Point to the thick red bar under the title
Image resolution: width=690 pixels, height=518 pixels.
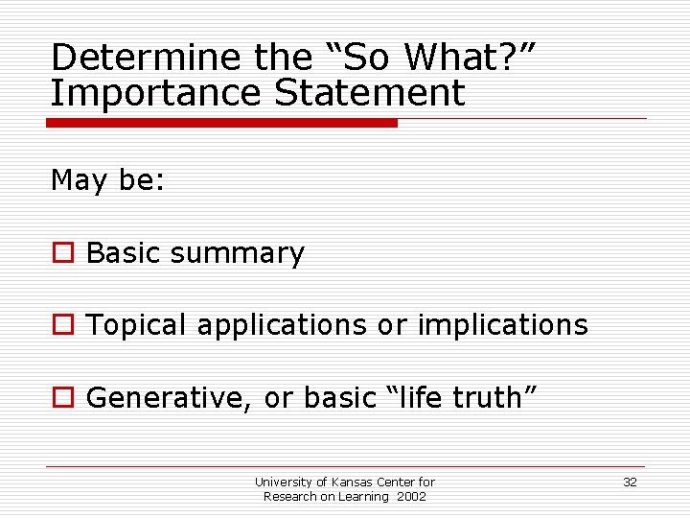click(221, 123)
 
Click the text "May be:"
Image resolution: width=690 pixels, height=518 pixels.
click(108, 180)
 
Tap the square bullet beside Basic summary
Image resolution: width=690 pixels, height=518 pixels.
click(63, 253)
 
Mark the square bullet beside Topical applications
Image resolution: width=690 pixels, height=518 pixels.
click(63, 325)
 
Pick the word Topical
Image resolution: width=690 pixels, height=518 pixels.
click(137, 326)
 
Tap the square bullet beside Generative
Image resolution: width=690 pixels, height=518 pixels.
click(63, 397)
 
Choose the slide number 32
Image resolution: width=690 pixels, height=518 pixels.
click(630, 482)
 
